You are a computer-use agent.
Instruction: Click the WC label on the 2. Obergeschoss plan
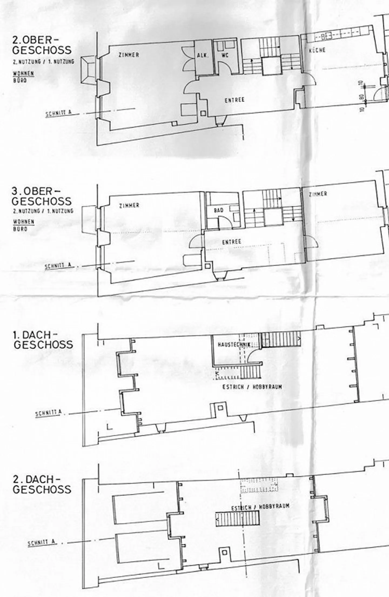225,55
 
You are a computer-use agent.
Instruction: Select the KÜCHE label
317,50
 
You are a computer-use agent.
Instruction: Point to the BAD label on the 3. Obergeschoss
219,210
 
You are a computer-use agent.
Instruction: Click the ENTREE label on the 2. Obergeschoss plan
234,100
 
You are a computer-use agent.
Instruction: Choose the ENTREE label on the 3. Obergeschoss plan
232,242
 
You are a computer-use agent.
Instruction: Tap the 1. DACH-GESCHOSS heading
43,340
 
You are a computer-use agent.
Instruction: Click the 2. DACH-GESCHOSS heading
42,484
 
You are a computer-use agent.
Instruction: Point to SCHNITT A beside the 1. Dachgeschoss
49,413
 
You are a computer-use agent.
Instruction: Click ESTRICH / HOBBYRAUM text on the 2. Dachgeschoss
260,507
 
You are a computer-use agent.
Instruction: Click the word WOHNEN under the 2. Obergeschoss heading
24,73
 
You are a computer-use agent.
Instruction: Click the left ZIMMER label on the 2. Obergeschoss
129,55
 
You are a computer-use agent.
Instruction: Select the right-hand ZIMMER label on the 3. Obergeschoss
318,194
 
